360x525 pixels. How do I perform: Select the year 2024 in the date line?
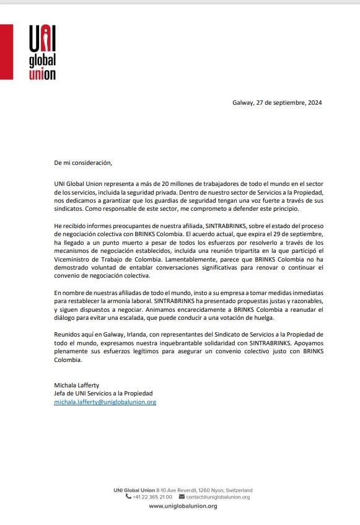coord(313,102)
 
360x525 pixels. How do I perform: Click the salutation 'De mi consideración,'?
coord(83,162)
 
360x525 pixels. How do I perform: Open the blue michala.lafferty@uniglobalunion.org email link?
coord(105,402)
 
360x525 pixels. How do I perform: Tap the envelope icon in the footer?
coord(182,497)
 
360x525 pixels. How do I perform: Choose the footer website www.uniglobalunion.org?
coord(183,506)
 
